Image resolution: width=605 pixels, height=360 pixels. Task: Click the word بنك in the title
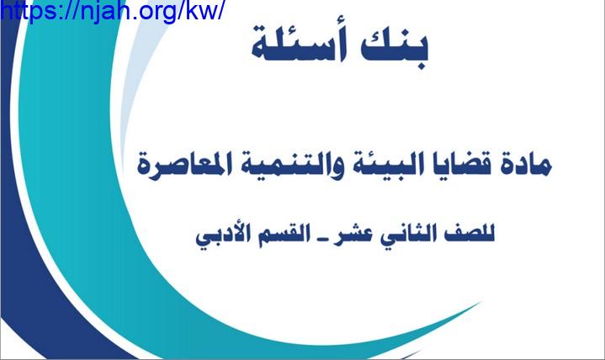click(x=395, y=48)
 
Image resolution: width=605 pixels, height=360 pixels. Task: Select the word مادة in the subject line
click(x=528, y=165)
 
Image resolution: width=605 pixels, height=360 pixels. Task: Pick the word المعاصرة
click(x=182, y=165)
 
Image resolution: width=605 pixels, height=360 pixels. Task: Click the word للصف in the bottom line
click(x=469, y=234)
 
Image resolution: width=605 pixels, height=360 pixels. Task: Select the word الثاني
click(x=409, y=233)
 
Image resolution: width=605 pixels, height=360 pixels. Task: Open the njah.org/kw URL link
click(x=112, y=10)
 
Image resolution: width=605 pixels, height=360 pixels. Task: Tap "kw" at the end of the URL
click(x=202, y=10)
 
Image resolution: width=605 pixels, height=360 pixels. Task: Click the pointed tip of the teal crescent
click(x=481, y=302)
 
